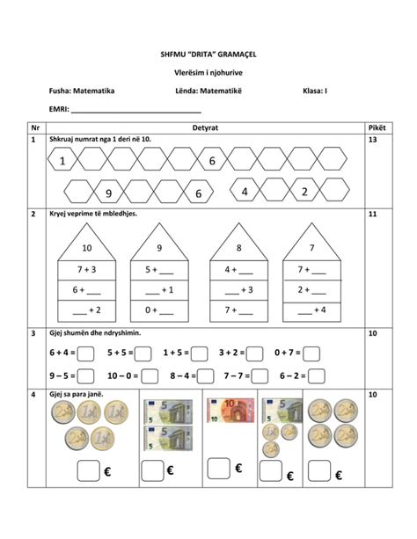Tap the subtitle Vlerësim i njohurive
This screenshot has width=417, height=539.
coord(208,72)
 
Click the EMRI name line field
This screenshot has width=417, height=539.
coord(136,112)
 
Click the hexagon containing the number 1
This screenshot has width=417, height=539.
coord(63,161)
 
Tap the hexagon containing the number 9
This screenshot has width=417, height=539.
coord(108,193)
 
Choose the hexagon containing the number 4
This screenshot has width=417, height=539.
coord(245,192)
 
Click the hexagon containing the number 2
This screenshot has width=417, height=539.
coord(304,192)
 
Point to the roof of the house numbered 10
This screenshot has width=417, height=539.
coord(86,245)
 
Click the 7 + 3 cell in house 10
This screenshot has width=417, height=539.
coord(86,269)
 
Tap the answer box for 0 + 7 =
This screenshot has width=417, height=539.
coord(315,353)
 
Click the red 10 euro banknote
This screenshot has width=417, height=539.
coord(230,410)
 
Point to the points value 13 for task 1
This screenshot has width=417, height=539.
coord(373,141)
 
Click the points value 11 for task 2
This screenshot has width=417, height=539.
coord(373,214)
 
